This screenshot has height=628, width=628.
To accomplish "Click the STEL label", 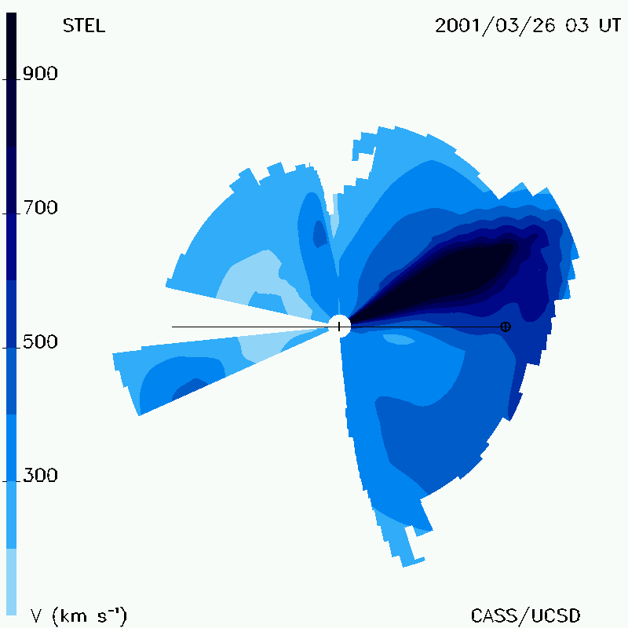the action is pyautogui.click(x=84, y=26).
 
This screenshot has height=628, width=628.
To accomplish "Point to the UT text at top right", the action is pyautogui.click(x=610, y=26).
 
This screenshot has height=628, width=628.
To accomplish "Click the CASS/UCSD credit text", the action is pyautogui.click(x=525, y=615).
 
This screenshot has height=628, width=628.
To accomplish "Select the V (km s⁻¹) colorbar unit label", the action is pyautogui.click(x=78, y=615).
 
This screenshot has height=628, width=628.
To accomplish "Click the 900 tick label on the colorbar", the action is pyautogui.click(x=40, y=74).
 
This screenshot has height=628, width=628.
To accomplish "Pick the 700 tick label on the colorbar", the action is pyautogui.click(x=40, y=207).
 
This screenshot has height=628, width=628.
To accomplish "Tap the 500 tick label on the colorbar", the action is pyautogui.click(x=40, y=341).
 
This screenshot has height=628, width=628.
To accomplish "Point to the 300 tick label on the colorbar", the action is pyautogui.click(x=40, y=475).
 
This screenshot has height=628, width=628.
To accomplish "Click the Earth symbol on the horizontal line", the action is pyautogui.click(x=506, y=327).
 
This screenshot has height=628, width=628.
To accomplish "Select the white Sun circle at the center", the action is pyautogui.click(x=340, y=326).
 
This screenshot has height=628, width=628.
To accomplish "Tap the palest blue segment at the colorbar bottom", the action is pyautogui.click(x=11, y=582).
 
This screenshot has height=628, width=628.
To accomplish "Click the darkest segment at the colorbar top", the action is pyautogui.click(x=11, y=79).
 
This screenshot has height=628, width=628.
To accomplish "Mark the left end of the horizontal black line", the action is pyautogui.click(x=172, y=327).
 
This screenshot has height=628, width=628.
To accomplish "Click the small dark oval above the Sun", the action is pyautogui.click(x=319, y=234).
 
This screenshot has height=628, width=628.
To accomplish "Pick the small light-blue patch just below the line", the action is pyautogui.click(x=399, y=339).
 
